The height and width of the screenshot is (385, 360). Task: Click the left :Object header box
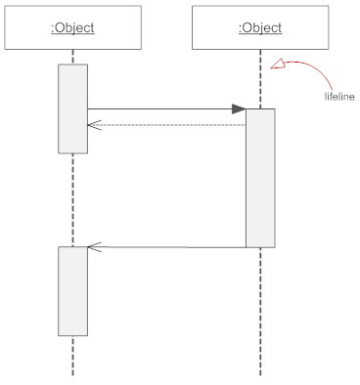[x=72, y=27]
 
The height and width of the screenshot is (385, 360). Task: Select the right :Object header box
[x=260, y=27]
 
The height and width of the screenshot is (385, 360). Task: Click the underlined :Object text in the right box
[x=260, y=27]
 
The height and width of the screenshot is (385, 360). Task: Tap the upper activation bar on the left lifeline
[x=72, y=107]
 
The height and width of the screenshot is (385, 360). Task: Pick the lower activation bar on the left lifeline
[x=72, y=290]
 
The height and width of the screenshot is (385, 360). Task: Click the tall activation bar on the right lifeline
[x=260, y=177]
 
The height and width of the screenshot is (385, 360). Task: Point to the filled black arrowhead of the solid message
[x=239, y=109]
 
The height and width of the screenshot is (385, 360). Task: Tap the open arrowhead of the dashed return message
[x=94, y=124]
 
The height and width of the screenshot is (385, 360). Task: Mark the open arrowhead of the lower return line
[x=94, y=246]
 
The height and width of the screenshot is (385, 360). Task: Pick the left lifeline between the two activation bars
[x=72, y=199]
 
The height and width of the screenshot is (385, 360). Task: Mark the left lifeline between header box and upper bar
[x=72, y=57]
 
